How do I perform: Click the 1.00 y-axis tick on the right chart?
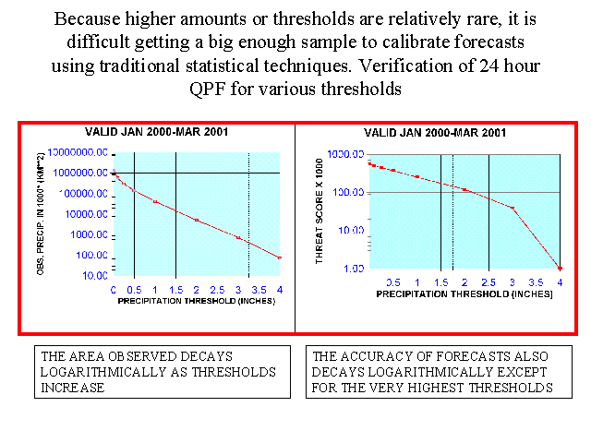click(x=356, y=268)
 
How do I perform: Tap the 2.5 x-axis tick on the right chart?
click(x=488, y=281)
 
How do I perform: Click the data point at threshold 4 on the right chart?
click(x=560, y=268)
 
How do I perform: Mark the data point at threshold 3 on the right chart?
click(x=513, y=208)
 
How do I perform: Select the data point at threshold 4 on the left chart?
click(x=279, y=257)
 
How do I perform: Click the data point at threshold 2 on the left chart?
click(x=197, y=220)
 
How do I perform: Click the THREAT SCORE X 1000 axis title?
click(x=322, y=212)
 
